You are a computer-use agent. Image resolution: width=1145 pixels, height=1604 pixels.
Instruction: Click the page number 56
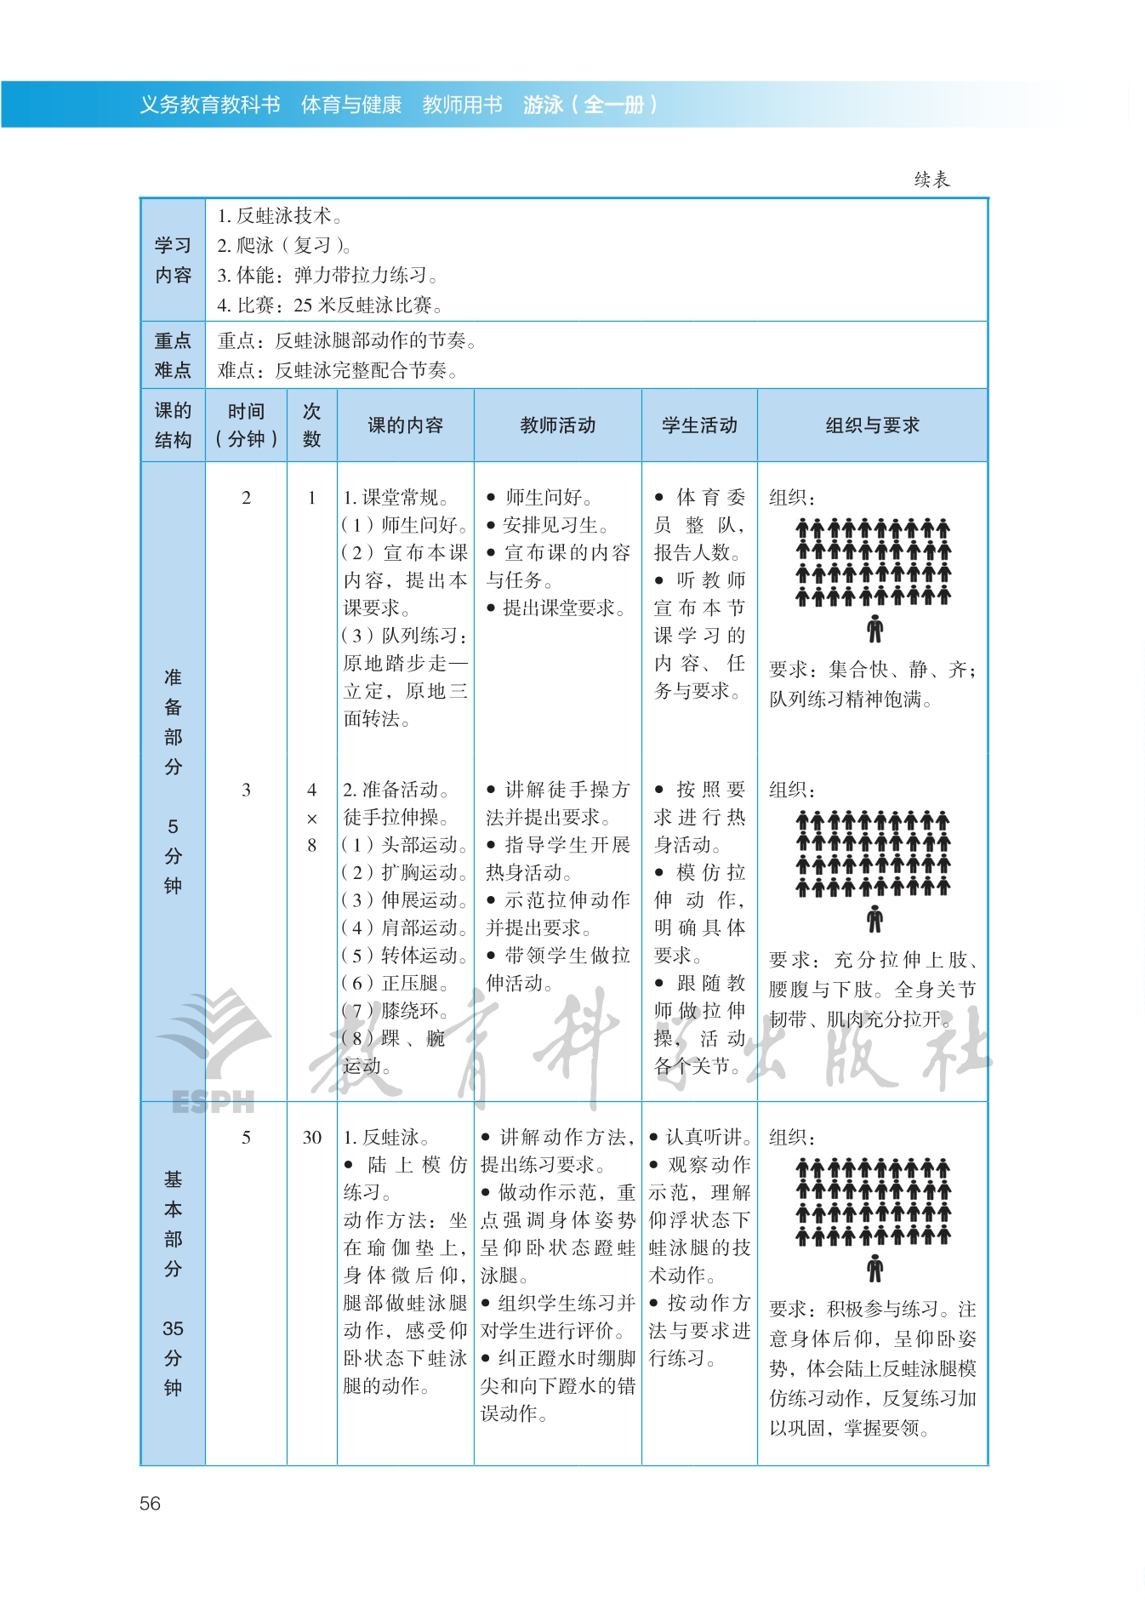point(150,1504)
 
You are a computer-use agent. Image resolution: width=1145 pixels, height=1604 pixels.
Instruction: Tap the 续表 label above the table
point(931,180)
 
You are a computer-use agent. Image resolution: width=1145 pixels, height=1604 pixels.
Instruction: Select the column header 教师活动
point(557,425)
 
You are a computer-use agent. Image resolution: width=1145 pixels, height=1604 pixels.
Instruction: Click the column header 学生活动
point(699,425)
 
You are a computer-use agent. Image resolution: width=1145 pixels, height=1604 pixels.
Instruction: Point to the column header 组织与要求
point(872,425)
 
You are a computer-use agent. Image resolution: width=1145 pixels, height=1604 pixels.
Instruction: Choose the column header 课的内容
point(405,425)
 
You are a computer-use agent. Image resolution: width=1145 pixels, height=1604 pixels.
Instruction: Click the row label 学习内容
point(173,260)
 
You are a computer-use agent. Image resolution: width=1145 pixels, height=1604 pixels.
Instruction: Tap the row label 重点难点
point(173,356)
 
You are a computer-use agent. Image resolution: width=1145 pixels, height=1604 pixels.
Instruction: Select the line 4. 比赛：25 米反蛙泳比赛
point(329,305)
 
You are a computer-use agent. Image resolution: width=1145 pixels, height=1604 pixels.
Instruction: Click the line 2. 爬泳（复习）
point(284,246)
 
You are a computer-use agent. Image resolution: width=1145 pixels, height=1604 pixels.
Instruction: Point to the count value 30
point(312,1138)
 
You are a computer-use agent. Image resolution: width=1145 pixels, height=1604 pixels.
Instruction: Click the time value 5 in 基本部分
point(246,1138)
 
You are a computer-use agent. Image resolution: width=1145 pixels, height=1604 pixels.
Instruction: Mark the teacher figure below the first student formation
point(874,630)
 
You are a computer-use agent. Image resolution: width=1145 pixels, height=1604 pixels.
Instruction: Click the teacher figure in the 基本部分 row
point(874,1269)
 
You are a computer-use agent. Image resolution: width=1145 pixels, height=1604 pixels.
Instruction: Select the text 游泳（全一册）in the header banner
point(590,105)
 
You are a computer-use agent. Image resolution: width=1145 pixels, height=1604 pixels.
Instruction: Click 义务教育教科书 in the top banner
point(209,105)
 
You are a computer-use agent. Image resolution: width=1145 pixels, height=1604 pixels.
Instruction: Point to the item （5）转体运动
point(405,956)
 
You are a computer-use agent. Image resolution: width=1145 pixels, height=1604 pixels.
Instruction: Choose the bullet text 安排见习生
point(554,525)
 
